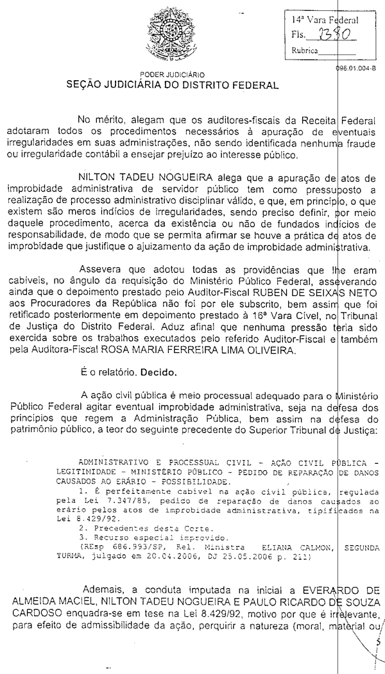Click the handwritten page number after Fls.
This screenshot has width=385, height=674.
[330, 35]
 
